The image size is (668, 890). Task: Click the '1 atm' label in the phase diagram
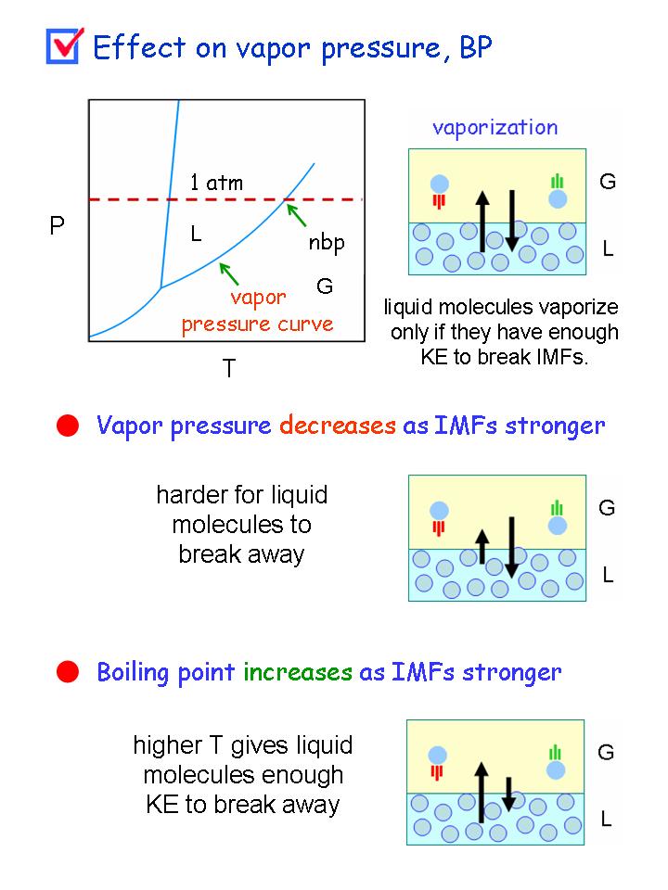click(x=216, y=183)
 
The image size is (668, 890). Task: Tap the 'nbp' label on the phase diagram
click(x=326, y=246)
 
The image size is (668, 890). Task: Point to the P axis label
click(x=57, y=225)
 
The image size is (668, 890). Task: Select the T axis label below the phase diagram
click(x=228, y=368)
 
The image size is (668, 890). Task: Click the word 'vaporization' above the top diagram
click(x=495, y=127)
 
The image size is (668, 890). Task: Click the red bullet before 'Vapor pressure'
click(x=67, y=426)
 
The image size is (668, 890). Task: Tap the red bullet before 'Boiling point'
click(x=67, y=671)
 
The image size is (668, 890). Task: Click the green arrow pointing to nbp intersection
click(x=296, y=215)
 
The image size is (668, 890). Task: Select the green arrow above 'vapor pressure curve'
click(x=229, y=273)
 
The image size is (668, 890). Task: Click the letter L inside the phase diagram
click(x=196, y=235)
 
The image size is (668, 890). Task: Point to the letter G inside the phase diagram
click(x=325, y=286)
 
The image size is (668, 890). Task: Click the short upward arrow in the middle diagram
click(x=482, y=546)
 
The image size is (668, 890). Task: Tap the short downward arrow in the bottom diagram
click(x=508, y=793)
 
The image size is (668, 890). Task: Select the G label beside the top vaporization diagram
click(x=608, y=182)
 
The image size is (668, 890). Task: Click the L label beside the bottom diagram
click(x=607, y=819)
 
